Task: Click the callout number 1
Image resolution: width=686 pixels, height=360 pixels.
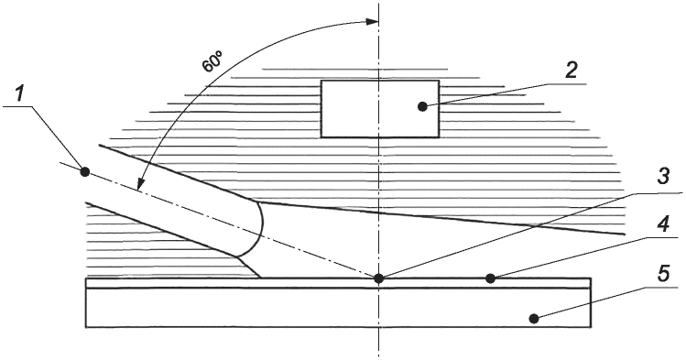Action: click(19, 94)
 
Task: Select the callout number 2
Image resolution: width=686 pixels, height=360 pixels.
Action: click(571, 70)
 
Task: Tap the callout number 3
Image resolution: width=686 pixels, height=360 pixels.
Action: click(663, 177)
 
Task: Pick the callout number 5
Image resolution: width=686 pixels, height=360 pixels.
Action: click(663, 275)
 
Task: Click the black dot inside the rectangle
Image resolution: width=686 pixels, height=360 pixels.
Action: click(422, 106)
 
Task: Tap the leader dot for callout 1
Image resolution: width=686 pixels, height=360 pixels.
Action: click(85, 172)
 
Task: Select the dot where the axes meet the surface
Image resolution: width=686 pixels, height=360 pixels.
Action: click(379, 278)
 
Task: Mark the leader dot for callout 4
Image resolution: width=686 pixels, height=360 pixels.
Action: click(491, 278)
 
